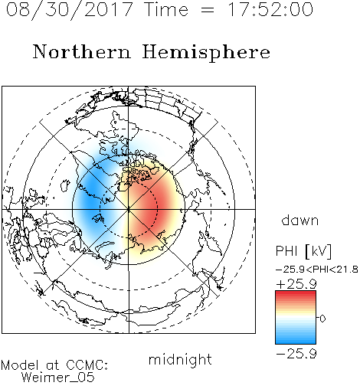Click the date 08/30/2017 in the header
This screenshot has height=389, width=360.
click(x=70, y=10)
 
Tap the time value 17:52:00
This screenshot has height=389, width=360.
click(x=270, y=9)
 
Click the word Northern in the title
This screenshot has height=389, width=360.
click(x=82, y=51)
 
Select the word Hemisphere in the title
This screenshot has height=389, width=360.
click(x=206, y=53)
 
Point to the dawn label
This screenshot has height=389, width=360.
click(x=300, y=220)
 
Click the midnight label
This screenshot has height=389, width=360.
click(x=180, y=359)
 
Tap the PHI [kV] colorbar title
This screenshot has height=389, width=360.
click(x=303, y=251)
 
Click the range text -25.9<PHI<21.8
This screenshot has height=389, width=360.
click(x=316, y=270)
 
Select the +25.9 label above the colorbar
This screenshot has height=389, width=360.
click(x=296, y=284)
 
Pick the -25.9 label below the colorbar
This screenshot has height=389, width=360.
click(x=296, y=354)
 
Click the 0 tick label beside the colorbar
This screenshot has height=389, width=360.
click(x=322, y=319)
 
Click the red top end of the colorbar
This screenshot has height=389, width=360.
click(x=296, y=293)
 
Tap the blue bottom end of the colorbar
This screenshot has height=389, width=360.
click(x=296, y=342)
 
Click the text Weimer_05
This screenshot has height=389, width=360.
click(x=58, y=378)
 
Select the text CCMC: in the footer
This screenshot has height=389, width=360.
click(x=87, y=365)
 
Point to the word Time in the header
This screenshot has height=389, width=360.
click(x=166, y=9)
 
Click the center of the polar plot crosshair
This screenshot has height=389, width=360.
click(x=129, y=210)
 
